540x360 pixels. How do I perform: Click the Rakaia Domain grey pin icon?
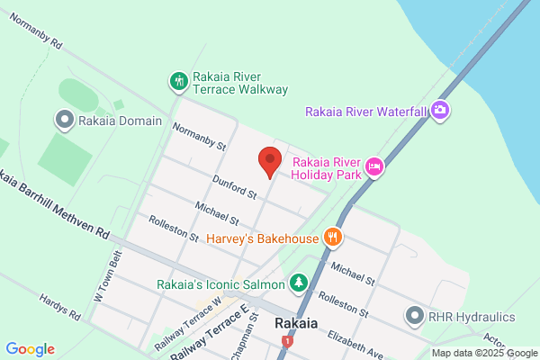tap(64, 119)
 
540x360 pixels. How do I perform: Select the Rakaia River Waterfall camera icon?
tap(440, 111)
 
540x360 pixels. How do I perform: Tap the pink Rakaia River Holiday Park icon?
tap(374, 166)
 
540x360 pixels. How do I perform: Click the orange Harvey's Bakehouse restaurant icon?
tap(333, 238)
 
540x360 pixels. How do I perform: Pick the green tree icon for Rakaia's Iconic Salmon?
tap(299, 283)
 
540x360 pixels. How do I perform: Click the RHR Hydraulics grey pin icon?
tap(414, 315)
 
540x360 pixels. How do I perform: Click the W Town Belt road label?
tap(107, 275)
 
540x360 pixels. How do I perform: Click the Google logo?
tap(30, 349)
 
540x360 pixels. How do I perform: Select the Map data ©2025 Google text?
tap(483, 352)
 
